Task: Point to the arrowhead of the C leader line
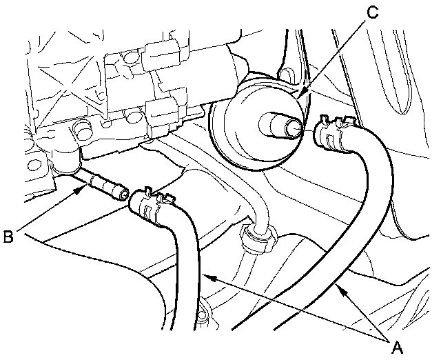(298, 94)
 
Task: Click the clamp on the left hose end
(152, 203)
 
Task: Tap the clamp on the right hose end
(331, 132)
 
